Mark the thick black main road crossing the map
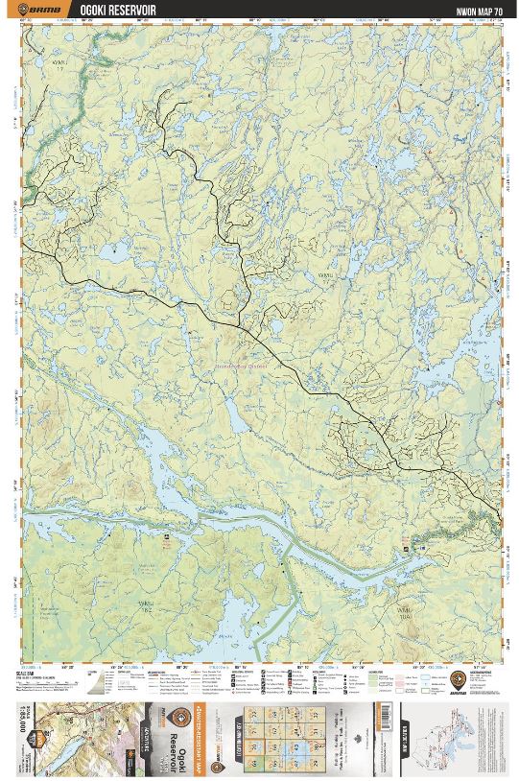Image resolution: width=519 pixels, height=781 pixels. [288, 365]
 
